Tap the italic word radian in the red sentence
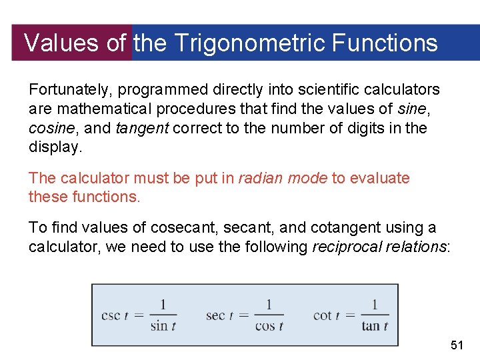258,178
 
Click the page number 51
457,345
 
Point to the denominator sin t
163,326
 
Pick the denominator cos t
269,326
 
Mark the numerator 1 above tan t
374,305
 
